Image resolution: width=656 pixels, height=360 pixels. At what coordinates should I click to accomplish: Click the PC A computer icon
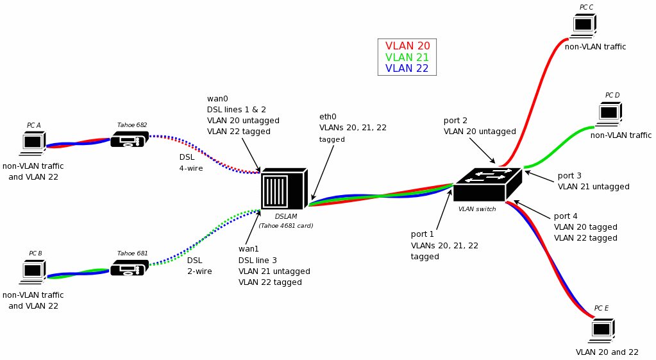tap(33, 142)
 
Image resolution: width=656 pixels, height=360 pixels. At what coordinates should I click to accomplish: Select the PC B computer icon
tap(33, 271)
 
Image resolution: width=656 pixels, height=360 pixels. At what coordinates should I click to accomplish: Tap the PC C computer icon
tap(584, 25)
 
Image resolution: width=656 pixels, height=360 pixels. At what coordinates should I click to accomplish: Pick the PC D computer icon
tap(609, 113)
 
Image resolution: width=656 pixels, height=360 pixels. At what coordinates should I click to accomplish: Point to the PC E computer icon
tap(601, 329)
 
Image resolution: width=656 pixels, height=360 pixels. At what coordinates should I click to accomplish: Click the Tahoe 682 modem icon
tap(129, 139)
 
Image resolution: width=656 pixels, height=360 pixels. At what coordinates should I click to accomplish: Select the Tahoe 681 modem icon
tap(129, 268)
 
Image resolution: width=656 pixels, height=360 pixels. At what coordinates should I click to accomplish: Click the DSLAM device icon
tap(283, 190)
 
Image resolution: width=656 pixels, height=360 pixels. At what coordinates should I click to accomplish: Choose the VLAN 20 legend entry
tap(407, 46)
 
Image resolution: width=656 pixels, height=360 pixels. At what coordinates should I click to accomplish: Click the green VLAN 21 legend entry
tap(407, 58)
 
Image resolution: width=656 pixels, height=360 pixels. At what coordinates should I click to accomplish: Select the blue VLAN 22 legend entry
tap(407, 69)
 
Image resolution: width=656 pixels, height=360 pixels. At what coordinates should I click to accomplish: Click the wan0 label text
tap(217, 99)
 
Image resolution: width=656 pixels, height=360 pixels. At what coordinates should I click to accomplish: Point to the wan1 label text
tap(249, 249)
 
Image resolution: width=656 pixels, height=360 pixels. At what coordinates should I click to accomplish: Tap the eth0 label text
tap(328, 117)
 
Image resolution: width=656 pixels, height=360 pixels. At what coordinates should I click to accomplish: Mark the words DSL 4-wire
tap(190, 162)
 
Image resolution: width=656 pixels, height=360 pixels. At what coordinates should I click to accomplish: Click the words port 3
tap(569, 176)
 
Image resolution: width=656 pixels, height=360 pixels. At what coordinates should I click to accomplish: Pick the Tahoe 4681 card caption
tap(286, 226)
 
